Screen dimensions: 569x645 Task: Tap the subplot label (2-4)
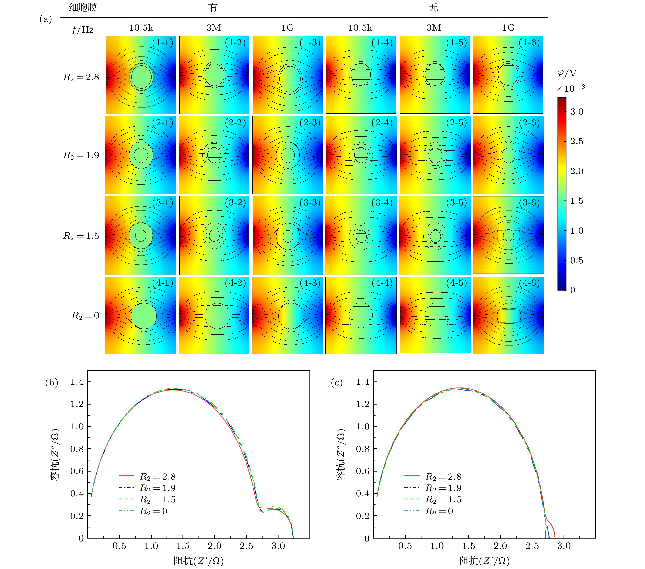click(382, 122)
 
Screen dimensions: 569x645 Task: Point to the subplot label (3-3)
click(310, 202)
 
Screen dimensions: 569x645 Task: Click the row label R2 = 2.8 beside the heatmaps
click(81, 77)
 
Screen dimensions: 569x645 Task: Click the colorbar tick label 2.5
click(577, 141)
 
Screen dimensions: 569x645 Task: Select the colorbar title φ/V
click(567, 74)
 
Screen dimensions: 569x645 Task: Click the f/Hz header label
click(83, 30)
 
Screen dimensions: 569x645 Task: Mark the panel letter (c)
click(337, 383)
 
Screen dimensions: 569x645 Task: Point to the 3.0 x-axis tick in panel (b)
click(278, 546)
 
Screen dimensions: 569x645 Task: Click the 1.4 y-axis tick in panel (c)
click(363, 382)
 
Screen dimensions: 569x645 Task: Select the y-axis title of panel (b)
click(55, 454)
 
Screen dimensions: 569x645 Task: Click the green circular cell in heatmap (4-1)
click(144, 316)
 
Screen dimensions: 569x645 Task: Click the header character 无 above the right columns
click(433, 7)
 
